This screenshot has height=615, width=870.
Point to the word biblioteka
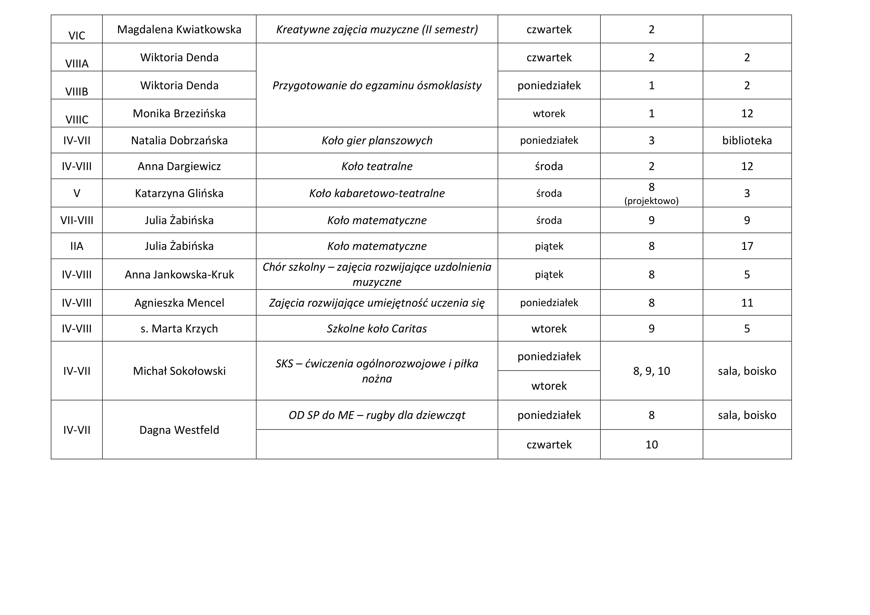click(747, 141)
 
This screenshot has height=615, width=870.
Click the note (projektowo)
click(651, 201)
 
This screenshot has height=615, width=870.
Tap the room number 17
click(747, 246)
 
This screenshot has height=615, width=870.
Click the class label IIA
click(77, 246)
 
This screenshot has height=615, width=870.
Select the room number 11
click(747, 303)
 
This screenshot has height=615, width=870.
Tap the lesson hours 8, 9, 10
click(651, 371)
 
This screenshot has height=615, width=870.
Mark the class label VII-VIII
click(77, 221)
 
